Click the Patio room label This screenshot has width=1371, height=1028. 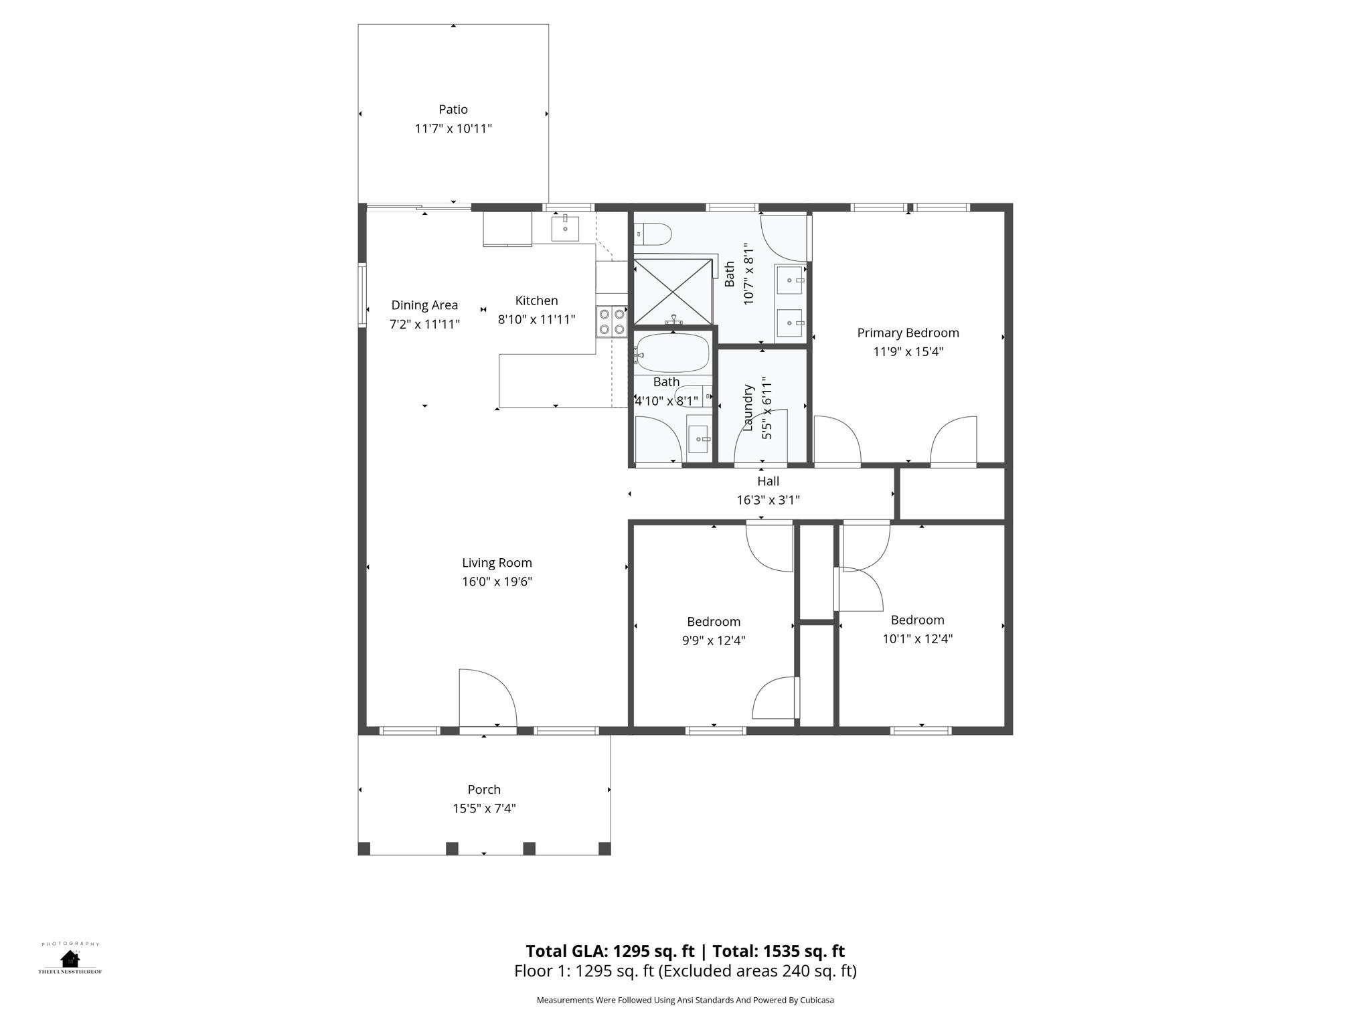(x=453, y=109)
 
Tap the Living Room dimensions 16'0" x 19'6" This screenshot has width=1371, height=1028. (x=497, y=582)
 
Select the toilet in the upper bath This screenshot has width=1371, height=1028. (x=654, y=234)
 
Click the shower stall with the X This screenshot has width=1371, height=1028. (x=673, y=292)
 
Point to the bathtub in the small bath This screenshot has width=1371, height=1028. (x=672, y=353)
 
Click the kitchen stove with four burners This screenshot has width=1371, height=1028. (x=612, y=322)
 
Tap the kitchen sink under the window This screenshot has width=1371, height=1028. (x=565, y=228)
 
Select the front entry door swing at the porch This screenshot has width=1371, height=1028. (x=487, y=698)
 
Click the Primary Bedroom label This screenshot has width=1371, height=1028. (x=908, y=333)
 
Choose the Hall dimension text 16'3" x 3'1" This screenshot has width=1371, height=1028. (x=768, y=500)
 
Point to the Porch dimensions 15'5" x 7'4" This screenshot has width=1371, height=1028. (x=484, y=808)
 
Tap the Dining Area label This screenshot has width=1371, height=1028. (x=424, y=305)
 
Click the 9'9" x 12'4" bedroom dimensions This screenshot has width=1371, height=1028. (x=714, y=640)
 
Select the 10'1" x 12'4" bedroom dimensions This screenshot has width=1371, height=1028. (x=917, y=638)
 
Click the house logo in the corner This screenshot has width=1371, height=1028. (x=70, y=958)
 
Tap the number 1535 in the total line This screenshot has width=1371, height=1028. (x=781, y=951)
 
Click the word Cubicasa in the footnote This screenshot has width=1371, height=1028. (x=817, y=1000)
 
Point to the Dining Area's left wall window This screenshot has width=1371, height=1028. (x=362, y=295)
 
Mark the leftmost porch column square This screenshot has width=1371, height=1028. (x=364, y=849)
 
